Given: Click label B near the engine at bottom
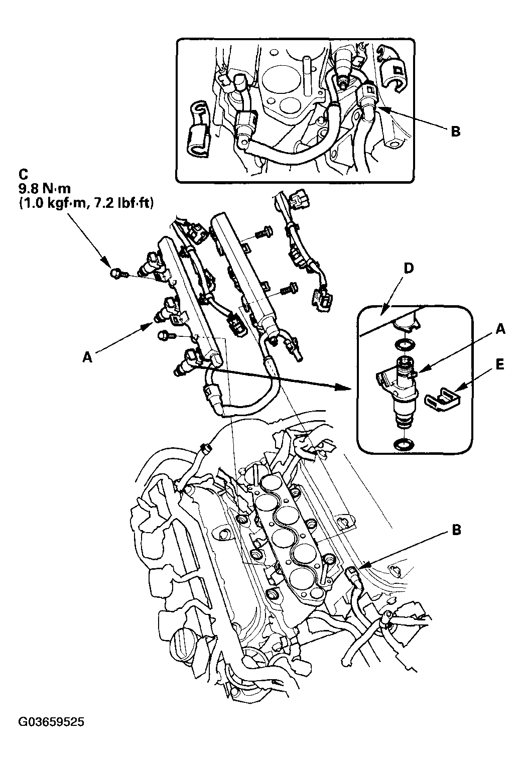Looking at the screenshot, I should [456, 530].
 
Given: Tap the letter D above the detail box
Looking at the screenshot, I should [409, 269].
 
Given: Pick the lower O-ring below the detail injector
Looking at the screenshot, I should [404, 444].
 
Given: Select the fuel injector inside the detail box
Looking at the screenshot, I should [402, 389].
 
